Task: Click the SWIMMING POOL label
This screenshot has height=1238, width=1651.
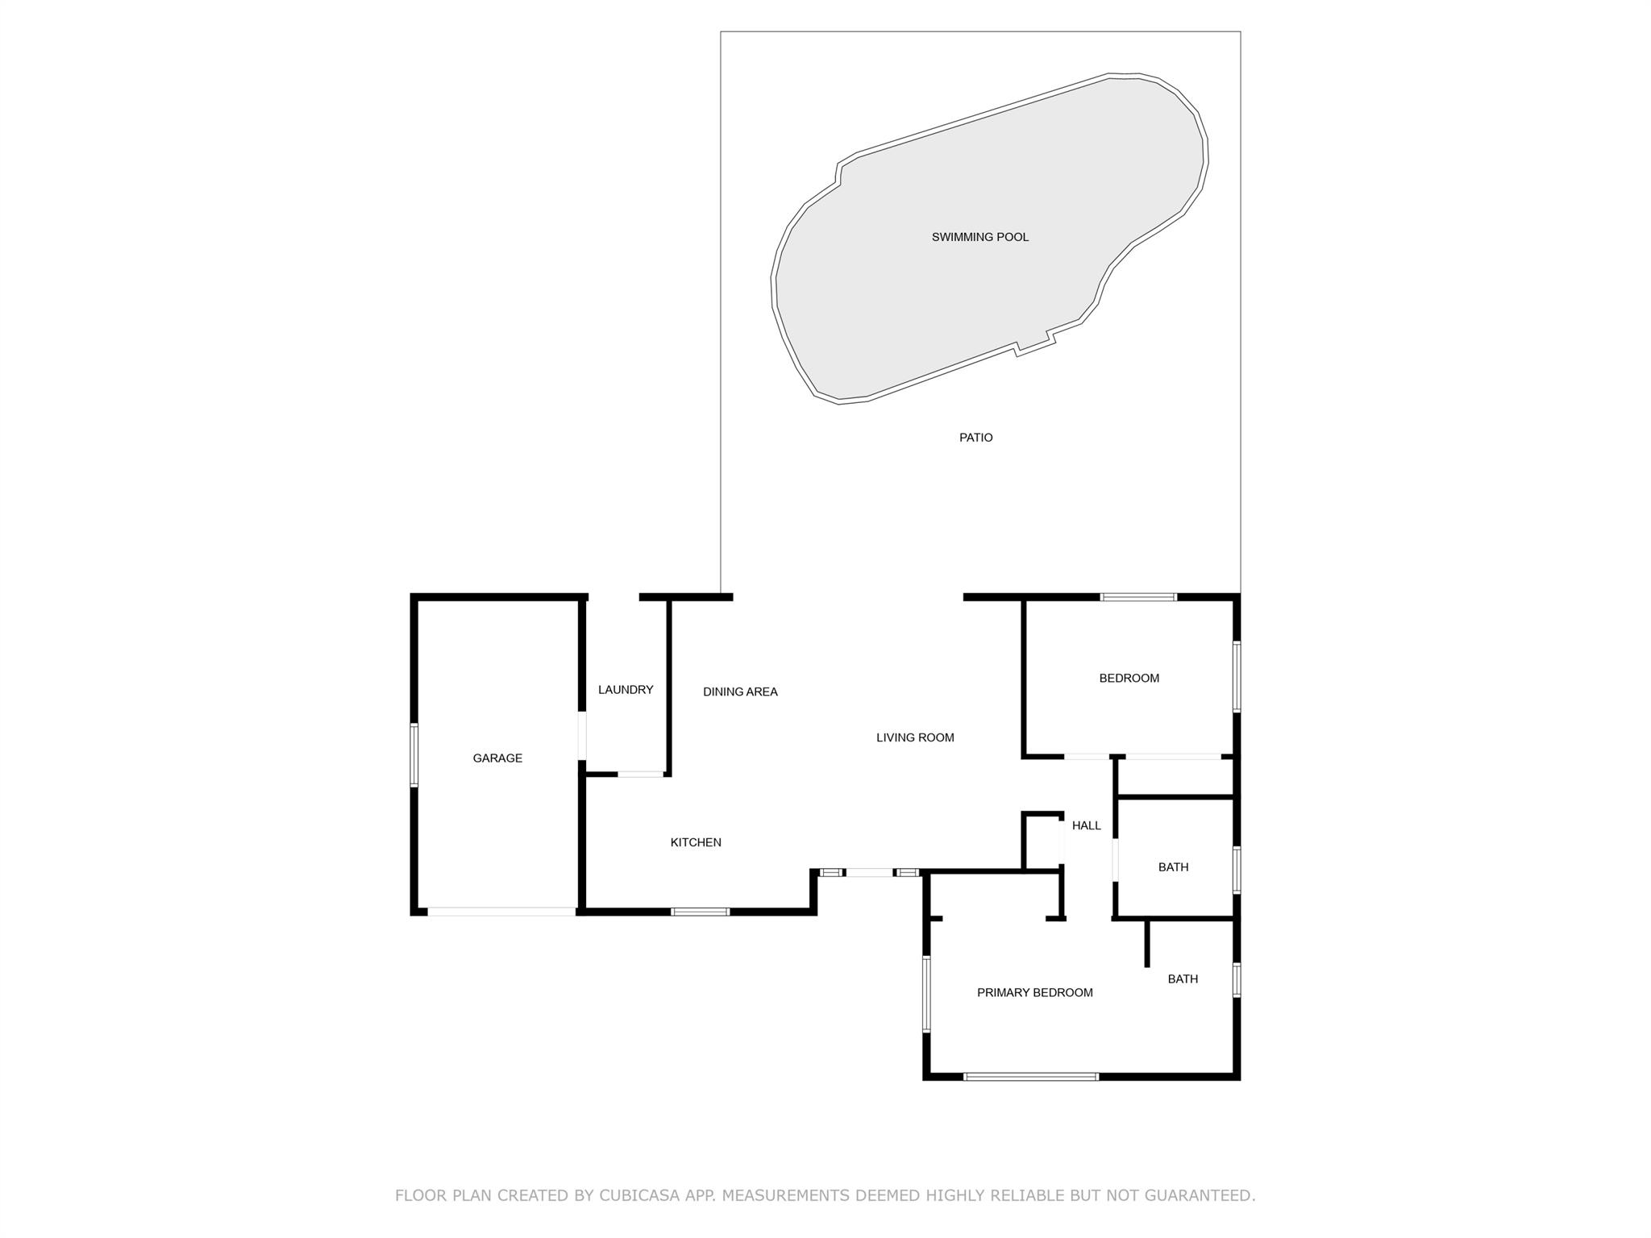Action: [x=979, y=237]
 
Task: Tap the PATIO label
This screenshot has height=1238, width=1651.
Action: [x=975, y=438]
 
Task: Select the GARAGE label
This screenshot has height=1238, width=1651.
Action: [x=497, y=758]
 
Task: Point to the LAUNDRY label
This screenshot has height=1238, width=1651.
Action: [x=626, y=690]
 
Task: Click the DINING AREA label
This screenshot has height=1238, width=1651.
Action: [x=740, y=692]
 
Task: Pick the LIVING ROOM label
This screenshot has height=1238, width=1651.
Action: [x=915, y=737]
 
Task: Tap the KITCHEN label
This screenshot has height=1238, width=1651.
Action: [x=696, y=842]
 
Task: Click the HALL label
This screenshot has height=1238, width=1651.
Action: [x=1086, y=825]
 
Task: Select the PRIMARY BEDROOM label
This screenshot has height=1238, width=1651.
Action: [x=1035, y=993]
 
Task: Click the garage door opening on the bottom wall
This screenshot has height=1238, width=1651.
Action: [x=501, y=912]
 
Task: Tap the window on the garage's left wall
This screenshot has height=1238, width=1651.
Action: [x=414, y=755]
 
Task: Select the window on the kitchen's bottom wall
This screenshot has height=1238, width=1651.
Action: [x=701, y=912]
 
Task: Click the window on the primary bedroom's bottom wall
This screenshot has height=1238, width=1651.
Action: [x=1031, y=1076]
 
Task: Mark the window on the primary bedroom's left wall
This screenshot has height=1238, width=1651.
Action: [x=926, y=994]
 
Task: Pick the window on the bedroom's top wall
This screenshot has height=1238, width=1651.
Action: [x=1138, y=597]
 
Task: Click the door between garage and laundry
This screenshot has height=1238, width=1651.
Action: [x=582, y=736]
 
